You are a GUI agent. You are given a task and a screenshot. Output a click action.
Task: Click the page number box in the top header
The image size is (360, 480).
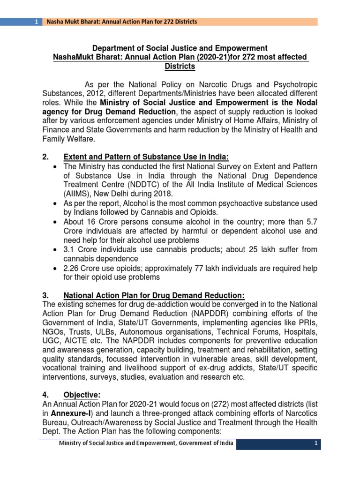click(x=36, y=22)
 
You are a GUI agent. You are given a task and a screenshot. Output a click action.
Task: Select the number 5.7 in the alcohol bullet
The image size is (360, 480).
click(x=312, y=222)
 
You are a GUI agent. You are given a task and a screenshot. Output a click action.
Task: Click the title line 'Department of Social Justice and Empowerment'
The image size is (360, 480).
click(x=180, y=48)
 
